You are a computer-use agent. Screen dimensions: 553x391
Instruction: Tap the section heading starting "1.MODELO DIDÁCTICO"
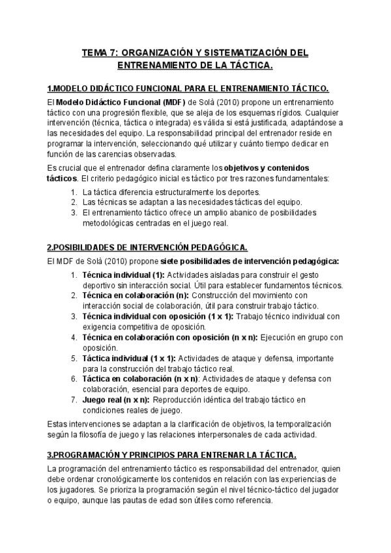coord(188,89)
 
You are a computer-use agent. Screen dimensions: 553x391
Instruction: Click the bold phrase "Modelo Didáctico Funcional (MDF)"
coord(121,102)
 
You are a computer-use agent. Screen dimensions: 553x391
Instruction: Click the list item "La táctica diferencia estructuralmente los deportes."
coord(171,192)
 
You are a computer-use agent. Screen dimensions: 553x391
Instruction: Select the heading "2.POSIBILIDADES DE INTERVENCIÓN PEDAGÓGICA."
coord(147,247)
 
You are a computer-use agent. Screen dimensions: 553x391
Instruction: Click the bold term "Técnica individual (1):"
coord(123,274)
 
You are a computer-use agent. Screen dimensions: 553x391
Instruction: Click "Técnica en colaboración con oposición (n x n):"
coord(169,337)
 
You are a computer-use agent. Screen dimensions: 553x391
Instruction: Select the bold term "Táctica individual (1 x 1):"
coord(128,358)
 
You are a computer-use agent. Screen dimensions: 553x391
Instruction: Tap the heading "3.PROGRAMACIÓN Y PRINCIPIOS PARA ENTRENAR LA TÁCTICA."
coord(172,454)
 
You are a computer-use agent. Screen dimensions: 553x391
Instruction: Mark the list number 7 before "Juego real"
coord(74,400)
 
